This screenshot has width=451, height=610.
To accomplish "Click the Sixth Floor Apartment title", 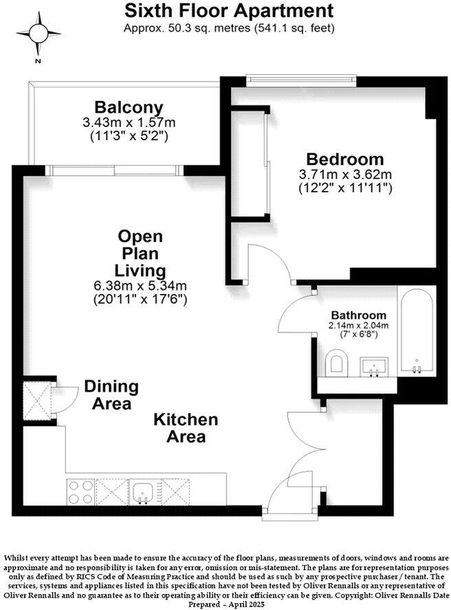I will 230,10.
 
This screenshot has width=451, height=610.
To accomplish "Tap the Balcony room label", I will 129,108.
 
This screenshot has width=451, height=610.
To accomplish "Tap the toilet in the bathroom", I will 337,363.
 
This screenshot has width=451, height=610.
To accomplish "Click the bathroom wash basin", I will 375,365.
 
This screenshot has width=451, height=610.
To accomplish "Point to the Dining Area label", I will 111,395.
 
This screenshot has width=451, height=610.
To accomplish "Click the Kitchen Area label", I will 186,427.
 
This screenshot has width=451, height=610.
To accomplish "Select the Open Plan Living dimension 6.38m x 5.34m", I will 140,286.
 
